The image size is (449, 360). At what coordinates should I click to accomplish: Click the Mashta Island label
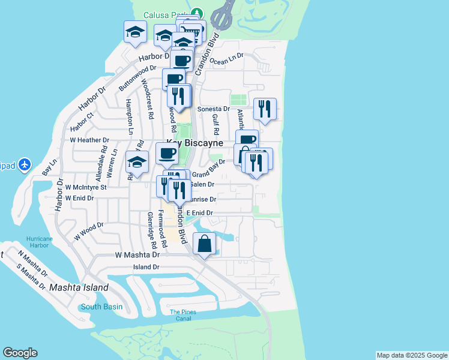79,287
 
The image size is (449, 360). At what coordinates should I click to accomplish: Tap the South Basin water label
101,307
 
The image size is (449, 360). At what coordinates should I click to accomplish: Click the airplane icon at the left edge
24,164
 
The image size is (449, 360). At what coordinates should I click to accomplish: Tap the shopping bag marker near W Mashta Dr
205,244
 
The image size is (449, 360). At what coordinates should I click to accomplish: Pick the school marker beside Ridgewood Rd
137,163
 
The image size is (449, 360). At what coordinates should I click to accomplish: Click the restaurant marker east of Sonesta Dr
265,109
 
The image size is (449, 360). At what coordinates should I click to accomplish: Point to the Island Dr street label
146,267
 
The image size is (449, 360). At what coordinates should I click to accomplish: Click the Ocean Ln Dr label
227,59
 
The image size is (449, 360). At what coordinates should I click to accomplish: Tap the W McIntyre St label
86,187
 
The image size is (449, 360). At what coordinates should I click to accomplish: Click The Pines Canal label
183,315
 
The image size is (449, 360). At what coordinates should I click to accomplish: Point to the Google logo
20,353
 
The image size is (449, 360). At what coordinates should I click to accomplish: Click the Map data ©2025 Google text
411,355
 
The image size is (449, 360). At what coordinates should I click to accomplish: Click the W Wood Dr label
89,232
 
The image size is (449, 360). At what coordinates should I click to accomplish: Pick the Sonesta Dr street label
214,109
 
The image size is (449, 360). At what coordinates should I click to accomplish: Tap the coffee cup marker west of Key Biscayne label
167,153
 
